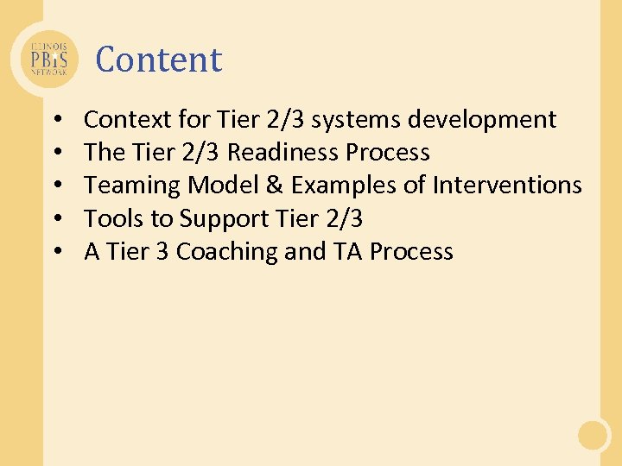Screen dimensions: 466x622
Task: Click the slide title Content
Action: (159, 60)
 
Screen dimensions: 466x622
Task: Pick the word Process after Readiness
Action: (388, 153)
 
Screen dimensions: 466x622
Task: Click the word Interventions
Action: (507, 186)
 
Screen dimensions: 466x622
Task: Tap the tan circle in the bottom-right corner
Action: (593, 435)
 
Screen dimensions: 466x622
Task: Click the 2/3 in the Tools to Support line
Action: (343, 219)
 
